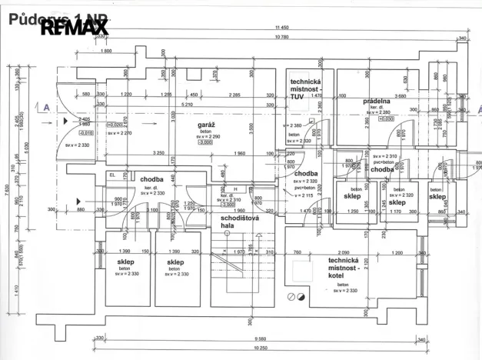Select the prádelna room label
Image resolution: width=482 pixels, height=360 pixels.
[377, 101]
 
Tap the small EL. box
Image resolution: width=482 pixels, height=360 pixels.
[112, 175]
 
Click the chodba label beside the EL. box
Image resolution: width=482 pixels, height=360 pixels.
[151, 179]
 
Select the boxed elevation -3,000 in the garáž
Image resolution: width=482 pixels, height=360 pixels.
[205, 142]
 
